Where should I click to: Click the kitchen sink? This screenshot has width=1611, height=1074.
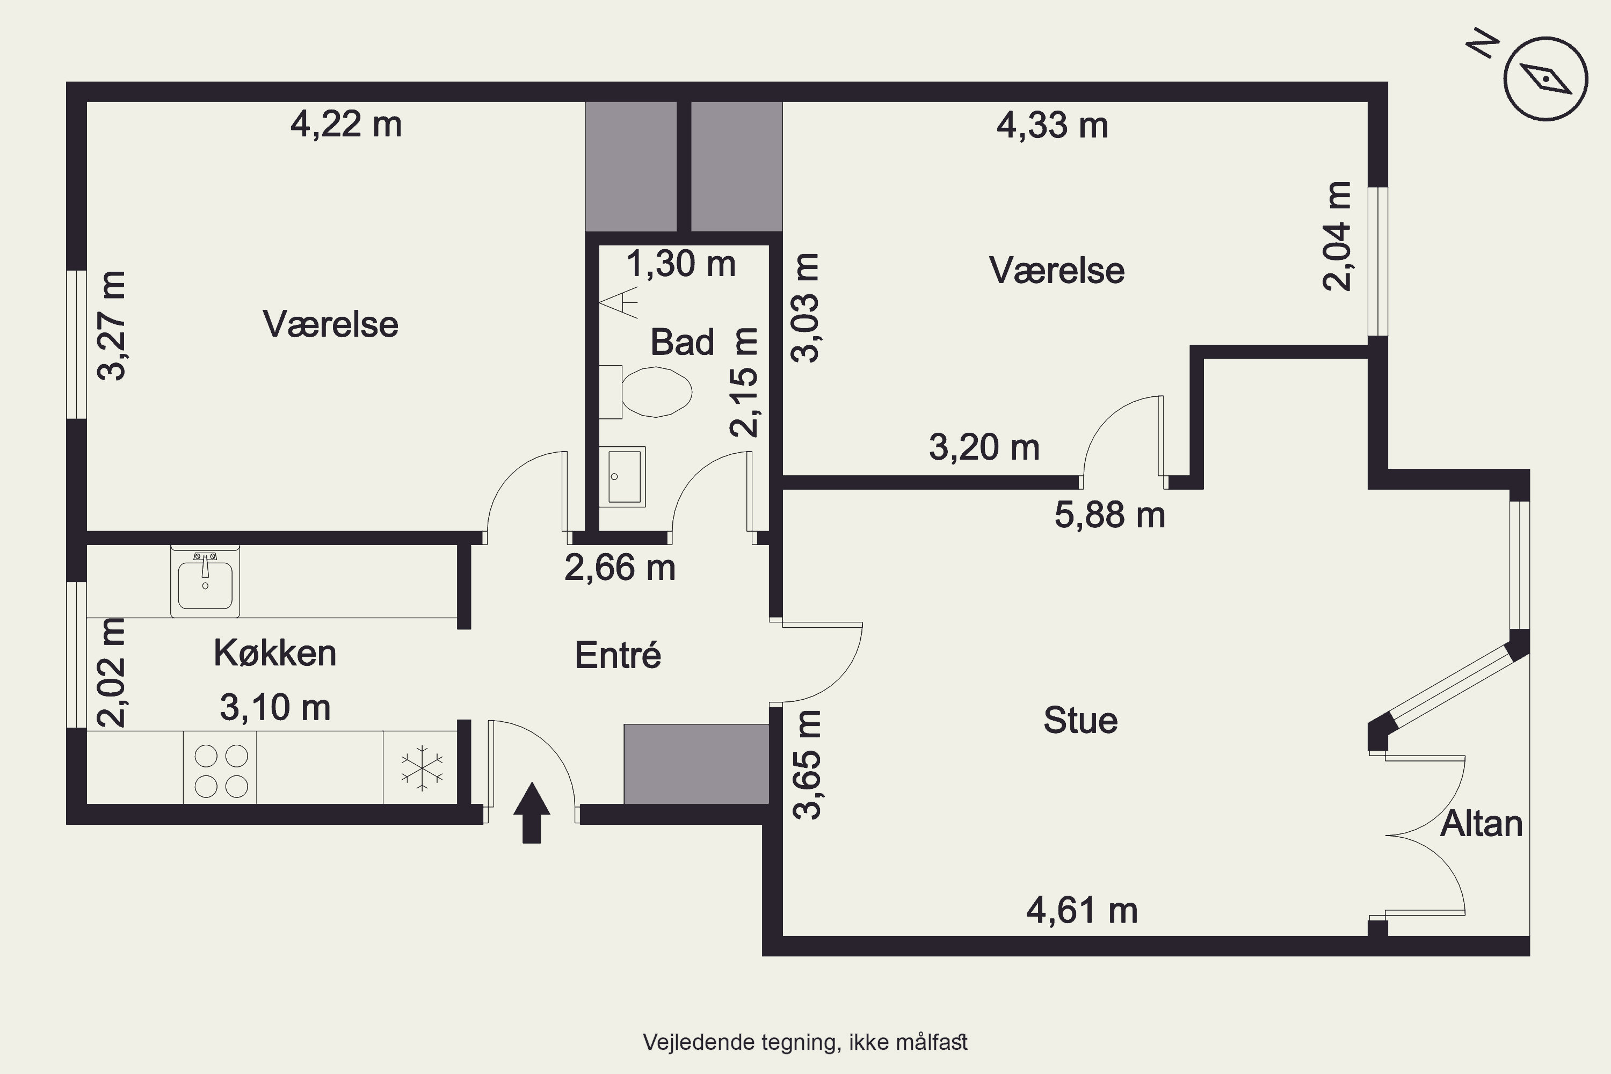(205, 581)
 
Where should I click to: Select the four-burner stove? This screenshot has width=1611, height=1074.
(220, 767)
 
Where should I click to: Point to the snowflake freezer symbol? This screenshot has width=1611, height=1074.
(421, 767)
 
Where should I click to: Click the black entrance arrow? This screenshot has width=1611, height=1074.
(532, 813)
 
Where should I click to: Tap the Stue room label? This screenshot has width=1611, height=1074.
(1080, 721)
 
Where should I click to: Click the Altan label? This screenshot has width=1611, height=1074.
(1482, 823)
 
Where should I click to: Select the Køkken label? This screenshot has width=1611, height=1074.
(274, 653)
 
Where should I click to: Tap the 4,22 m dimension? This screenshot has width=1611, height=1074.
(346, 125)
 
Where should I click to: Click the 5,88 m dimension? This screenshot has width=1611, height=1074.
(1109, 515)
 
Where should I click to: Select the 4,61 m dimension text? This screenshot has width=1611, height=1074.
(1082, 911)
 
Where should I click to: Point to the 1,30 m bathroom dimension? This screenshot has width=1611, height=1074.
(681, 264)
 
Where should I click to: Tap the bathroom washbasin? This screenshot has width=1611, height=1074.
(622, 477)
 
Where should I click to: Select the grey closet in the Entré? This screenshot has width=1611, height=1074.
(696, 764)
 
